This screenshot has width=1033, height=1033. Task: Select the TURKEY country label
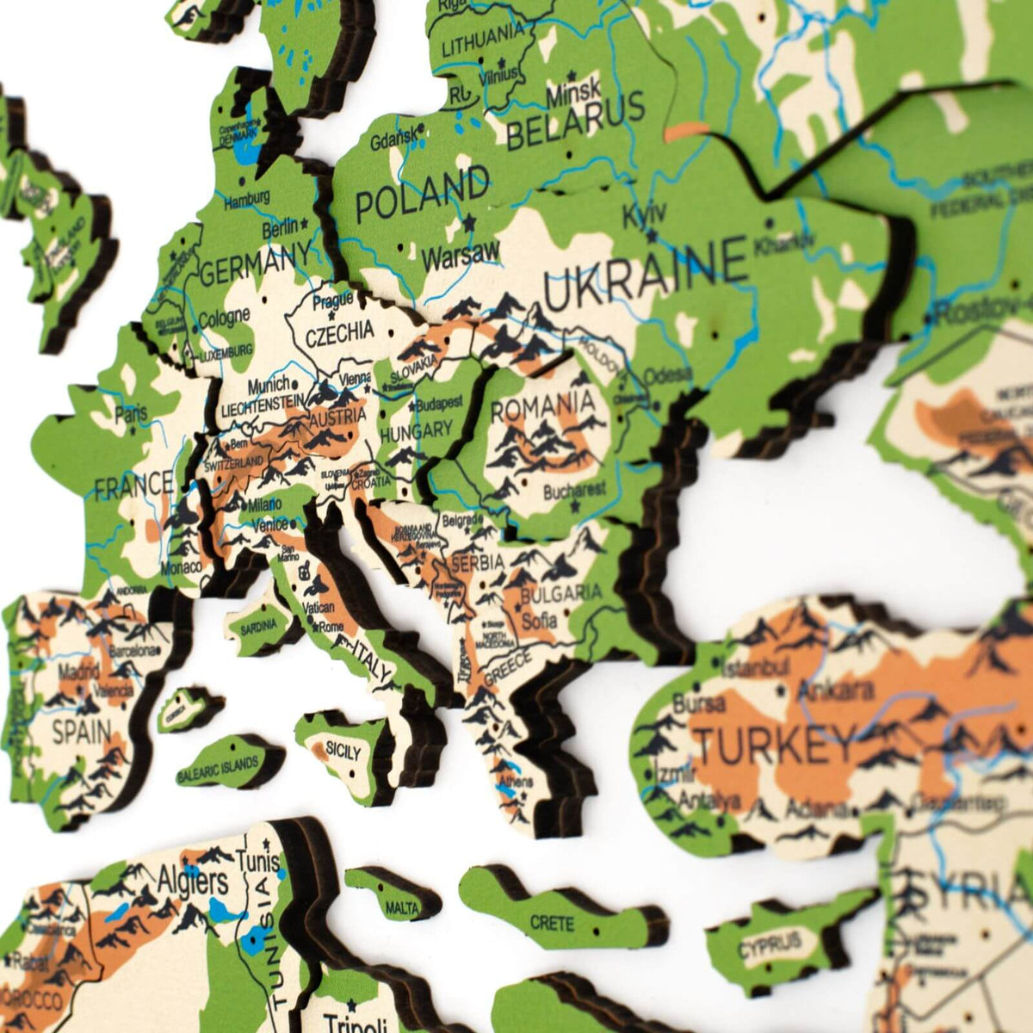click(x=776, y=743)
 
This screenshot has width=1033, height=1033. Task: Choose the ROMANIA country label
click(x=542, y=404)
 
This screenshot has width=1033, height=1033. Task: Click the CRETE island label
click(x=552, y=923)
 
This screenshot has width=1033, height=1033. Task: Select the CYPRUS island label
click(x=770, y=945)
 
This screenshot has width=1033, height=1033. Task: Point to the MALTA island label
click(x=402, y=908)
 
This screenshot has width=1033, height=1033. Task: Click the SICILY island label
click(x=343, y=752)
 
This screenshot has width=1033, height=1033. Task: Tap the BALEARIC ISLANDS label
click(x=219, y=767)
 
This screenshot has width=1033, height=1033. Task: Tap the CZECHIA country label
click(x=340, y=331)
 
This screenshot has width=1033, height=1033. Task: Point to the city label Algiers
click(x=193, y=881)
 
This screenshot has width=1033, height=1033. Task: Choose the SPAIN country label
click(x=81, y=733)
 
